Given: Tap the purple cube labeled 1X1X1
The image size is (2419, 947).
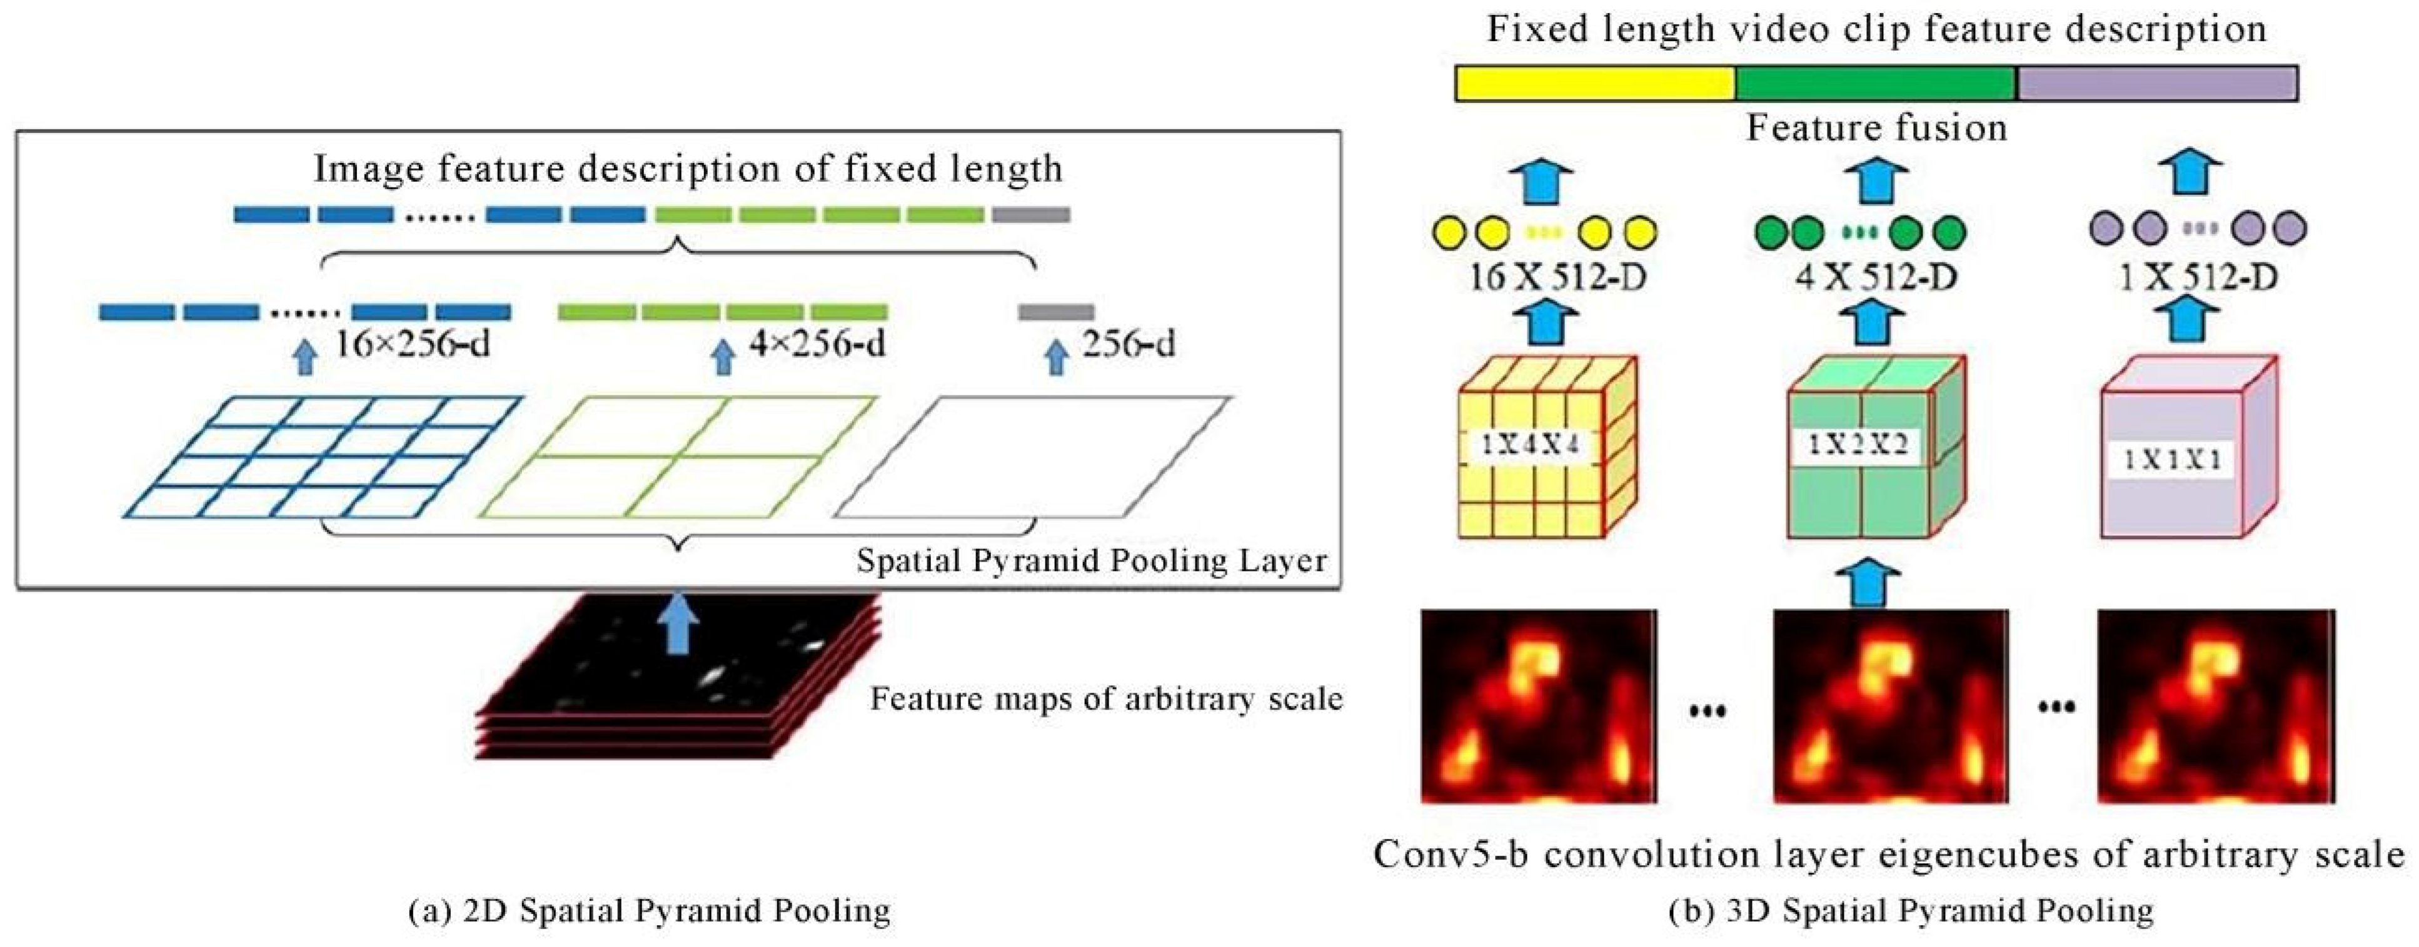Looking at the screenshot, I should point(2188,449).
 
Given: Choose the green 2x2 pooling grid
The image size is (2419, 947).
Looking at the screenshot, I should point(678,457).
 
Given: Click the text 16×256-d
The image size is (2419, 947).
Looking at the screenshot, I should point(413,345).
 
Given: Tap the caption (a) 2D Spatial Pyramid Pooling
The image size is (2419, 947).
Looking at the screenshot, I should point(650,910).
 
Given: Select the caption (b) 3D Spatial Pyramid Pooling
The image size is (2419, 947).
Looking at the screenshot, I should point(1911,910).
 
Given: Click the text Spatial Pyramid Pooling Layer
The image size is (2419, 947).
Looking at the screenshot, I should point(1091,561).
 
